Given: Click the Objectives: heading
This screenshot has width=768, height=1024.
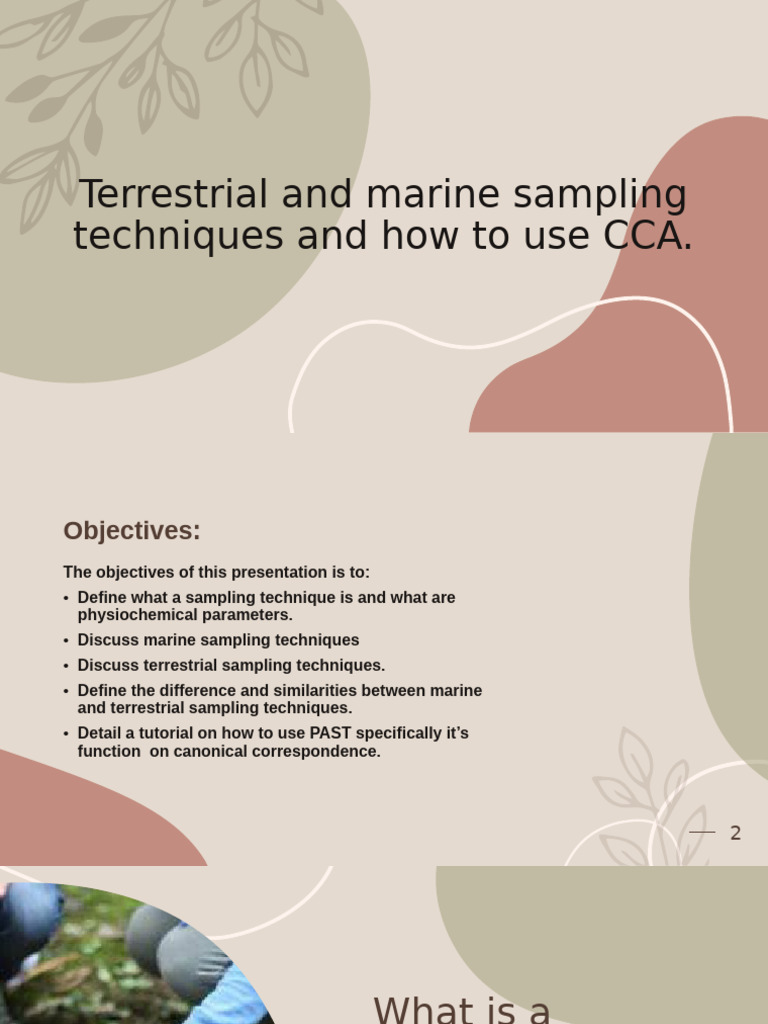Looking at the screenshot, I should pyautogui.click(x=132, y=531).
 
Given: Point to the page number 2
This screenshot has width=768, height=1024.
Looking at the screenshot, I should pyautogui.click(x=736, y=833).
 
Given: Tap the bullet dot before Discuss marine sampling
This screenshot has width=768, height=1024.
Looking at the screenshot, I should pyautogui.click(x=66, y=641).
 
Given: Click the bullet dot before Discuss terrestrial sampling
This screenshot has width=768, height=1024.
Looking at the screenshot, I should pyautogui.click(x=66, y=666).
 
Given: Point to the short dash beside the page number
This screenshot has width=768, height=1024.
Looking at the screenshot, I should pyautogui.click(x=702, y=832).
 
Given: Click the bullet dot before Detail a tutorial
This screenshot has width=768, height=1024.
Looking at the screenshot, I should pyautogui.click(x=66, y=734).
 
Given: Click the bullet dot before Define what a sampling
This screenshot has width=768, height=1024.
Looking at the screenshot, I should pyautogui.click(x=66, y=598).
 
